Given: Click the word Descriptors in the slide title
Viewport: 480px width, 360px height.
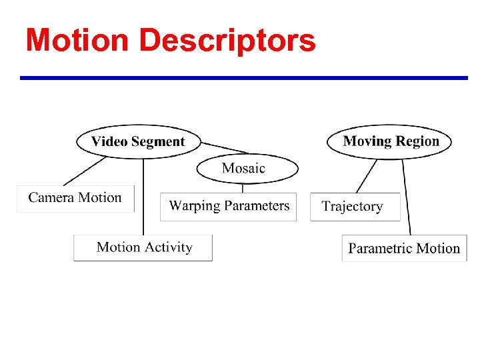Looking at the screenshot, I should (228, 41).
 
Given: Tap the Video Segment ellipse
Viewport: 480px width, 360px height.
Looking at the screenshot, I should (137, 141).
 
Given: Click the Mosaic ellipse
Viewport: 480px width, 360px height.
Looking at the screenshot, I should (247, 169).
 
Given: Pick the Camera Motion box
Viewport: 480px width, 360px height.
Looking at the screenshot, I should (75, 198).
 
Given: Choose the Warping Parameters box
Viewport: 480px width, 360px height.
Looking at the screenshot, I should (229, 206).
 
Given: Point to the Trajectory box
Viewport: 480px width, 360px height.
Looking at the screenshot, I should (354, 207).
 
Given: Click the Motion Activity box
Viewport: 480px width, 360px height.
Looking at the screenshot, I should (143, 247).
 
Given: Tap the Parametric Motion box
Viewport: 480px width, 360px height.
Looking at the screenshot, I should (404, 249).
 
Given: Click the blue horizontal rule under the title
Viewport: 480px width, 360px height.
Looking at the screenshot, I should (243, 78).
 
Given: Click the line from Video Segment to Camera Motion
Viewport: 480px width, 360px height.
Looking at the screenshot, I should (85, 171).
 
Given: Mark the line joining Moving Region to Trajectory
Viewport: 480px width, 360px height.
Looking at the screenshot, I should (367, 175).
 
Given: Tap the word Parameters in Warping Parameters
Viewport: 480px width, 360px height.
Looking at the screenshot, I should (257, 206).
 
